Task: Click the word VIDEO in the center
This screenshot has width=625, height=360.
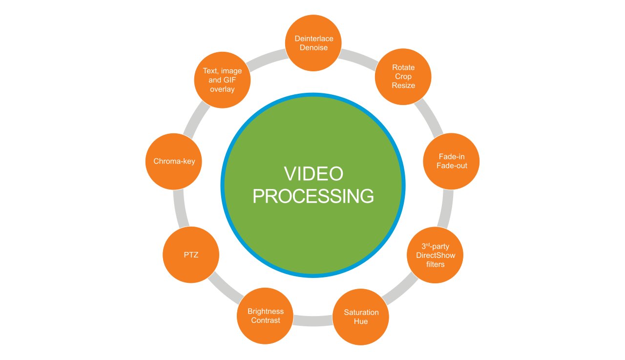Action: [313, 174]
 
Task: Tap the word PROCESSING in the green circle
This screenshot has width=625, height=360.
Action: [313, 196]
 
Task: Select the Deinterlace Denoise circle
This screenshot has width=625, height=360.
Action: [313, 43]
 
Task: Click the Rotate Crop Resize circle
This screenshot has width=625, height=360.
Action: [403, 76]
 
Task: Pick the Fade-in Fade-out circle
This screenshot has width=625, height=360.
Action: [452, 161]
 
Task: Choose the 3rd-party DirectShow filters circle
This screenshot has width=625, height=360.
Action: [435, 255]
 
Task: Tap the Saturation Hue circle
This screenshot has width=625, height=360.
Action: [361, 317]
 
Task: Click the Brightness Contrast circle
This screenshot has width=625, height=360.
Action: [265, 316]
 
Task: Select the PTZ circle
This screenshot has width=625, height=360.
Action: [190, 255]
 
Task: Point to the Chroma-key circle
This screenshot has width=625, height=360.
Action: [174, 161]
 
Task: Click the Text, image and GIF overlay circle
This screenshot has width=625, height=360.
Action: [222, 80]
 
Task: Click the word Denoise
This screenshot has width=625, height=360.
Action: [313, 48]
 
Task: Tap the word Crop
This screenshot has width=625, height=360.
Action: [403, 77]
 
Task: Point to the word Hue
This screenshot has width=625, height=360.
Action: [361, 321]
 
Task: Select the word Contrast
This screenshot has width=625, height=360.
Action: [266, 320]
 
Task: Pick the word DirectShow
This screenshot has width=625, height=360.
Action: [435, 255]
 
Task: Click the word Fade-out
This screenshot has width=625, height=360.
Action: [452, 166]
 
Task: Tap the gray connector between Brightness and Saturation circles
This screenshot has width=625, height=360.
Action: [313, 321]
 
